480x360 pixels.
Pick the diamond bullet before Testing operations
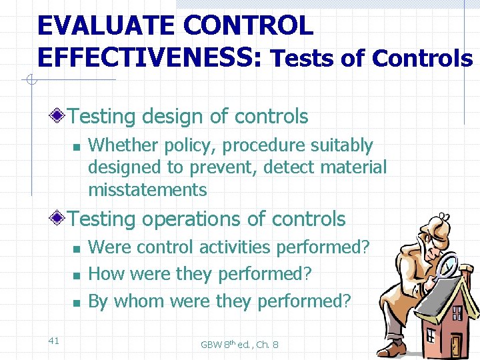60,219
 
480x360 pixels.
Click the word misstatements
147,190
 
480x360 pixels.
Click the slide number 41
54,341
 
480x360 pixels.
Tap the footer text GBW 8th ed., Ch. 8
239,345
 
